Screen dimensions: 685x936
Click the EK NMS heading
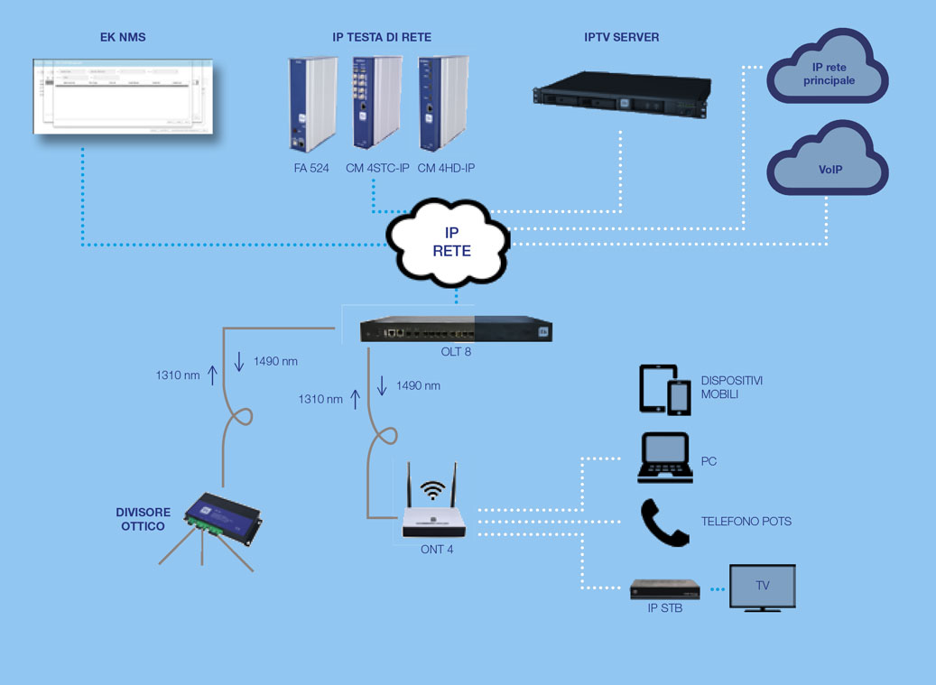pos(123,37)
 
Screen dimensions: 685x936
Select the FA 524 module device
pos(305,104)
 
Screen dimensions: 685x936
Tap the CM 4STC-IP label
pos(377,168)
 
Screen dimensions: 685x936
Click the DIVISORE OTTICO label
pos(143,518)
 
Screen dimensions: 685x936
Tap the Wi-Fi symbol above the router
pos(434,491)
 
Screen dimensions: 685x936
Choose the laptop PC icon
pos(664,458)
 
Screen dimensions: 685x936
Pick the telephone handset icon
pos(663,523)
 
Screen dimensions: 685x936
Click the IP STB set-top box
pos(665,591)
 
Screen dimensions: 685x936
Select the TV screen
pos(762,587)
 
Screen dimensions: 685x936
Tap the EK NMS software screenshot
pos(124,96)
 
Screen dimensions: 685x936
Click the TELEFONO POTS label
pos(746,522)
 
